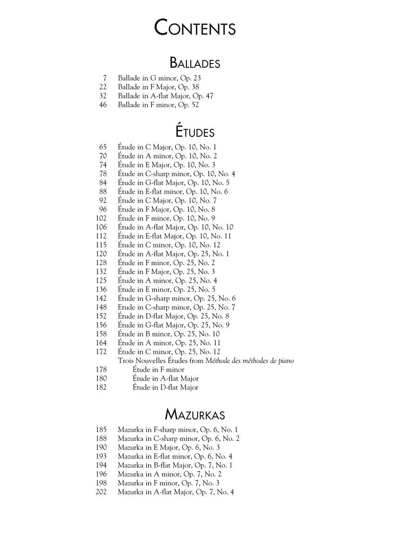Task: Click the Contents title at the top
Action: tap(195, 28)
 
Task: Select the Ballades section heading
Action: tap(195, 63)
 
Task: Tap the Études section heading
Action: tap(195, 132)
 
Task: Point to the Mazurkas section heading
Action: tap(195, 414)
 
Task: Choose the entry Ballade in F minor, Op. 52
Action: tap(158, 105)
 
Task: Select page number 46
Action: tap(103, 105)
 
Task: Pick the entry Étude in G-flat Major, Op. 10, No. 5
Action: tap(174, 183)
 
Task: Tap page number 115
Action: tap(101, 245)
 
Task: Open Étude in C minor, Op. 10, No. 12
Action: tap(169, 245)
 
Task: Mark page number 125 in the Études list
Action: tap(101, 280)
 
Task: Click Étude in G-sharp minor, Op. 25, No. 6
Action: tap(177, 299)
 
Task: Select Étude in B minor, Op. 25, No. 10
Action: tap(169, 334)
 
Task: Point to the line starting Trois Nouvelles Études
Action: tap(206, 361)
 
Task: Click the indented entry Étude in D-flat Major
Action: tap(165, 388)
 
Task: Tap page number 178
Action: tap(101, 369)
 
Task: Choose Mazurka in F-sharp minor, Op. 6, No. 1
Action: tap(178, 430)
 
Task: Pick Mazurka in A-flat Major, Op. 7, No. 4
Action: tap(176, 492)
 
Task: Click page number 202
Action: tap(101, 492)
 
